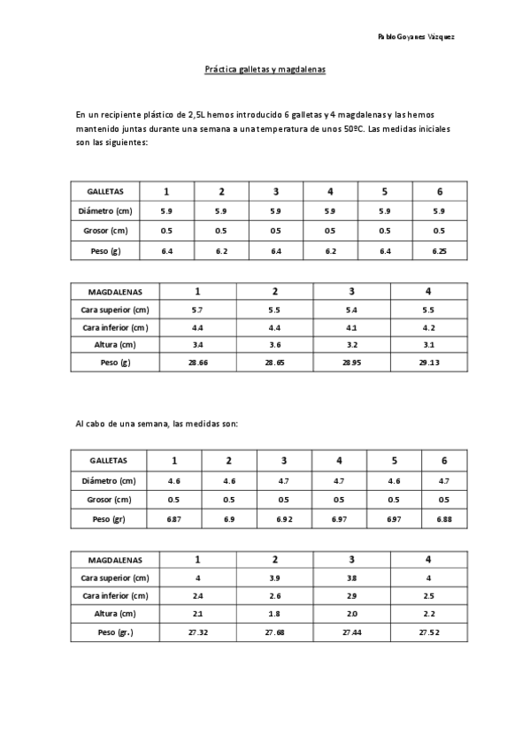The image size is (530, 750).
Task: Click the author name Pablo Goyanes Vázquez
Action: tap(416, 37)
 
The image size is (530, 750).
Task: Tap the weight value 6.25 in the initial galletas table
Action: tap(440, 251)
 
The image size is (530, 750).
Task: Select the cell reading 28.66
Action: tap(197, 363)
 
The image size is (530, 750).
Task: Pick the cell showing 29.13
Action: tap(428, 363)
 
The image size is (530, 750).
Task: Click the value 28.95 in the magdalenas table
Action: tap(351, 363)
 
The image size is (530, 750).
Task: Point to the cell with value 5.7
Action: tap(197, 310)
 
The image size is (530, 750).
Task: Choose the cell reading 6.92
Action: tap(284, 519)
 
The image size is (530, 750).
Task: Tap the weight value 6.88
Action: tap(444, 519)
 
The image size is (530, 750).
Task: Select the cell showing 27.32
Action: tap(197, 632)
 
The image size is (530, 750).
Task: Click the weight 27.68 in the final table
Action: tap(274, 632)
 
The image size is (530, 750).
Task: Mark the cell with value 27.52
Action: tap(428, 632)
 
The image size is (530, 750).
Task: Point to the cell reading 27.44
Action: tap(351, 632)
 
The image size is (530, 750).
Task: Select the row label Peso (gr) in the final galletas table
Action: tap(109, 519)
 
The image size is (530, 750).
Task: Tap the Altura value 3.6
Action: tap(274, 345)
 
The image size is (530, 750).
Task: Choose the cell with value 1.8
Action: tap(274, 614)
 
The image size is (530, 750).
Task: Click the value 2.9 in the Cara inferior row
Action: tap(351, 596)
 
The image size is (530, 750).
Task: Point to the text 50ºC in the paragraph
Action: tap(353, 128)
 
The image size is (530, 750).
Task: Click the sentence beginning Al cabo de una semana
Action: tap(157, 424)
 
